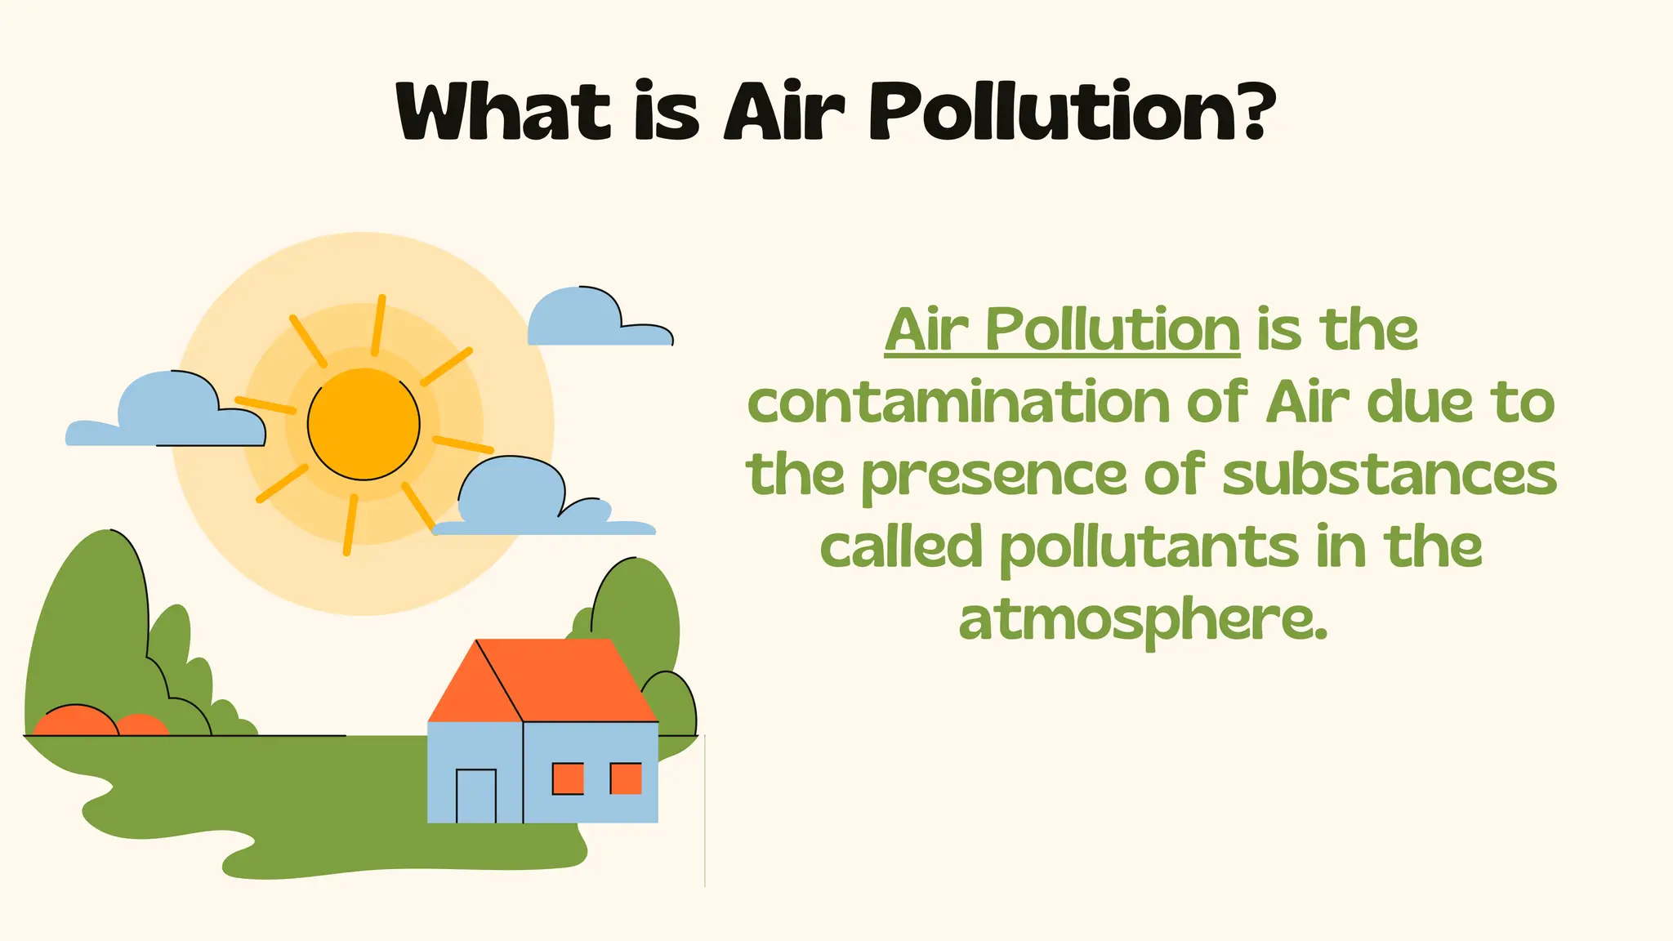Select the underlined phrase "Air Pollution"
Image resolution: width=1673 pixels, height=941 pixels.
click(x=1062, y=330)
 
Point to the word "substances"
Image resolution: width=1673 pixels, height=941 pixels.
click(x=1390, y=475)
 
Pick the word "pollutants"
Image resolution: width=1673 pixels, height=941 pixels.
click(x=1149, y=548)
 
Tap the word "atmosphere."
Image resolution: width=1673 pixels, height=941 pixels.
click(x=1143, y=621)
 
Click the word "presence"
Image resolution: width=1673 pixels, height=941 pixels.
click(x=993, y=476)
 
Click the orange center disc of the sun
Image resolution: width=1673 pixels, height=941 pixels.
click(x=364, y=424)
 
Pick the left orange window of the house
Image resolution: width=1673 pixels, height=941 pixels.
click(x=568, y=778)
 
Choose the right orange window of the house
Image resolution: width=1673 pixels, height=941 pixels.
click(x=626, y=778)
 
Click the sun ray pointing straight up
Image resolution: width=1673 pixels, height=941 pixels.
click(x=378, y=324)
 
